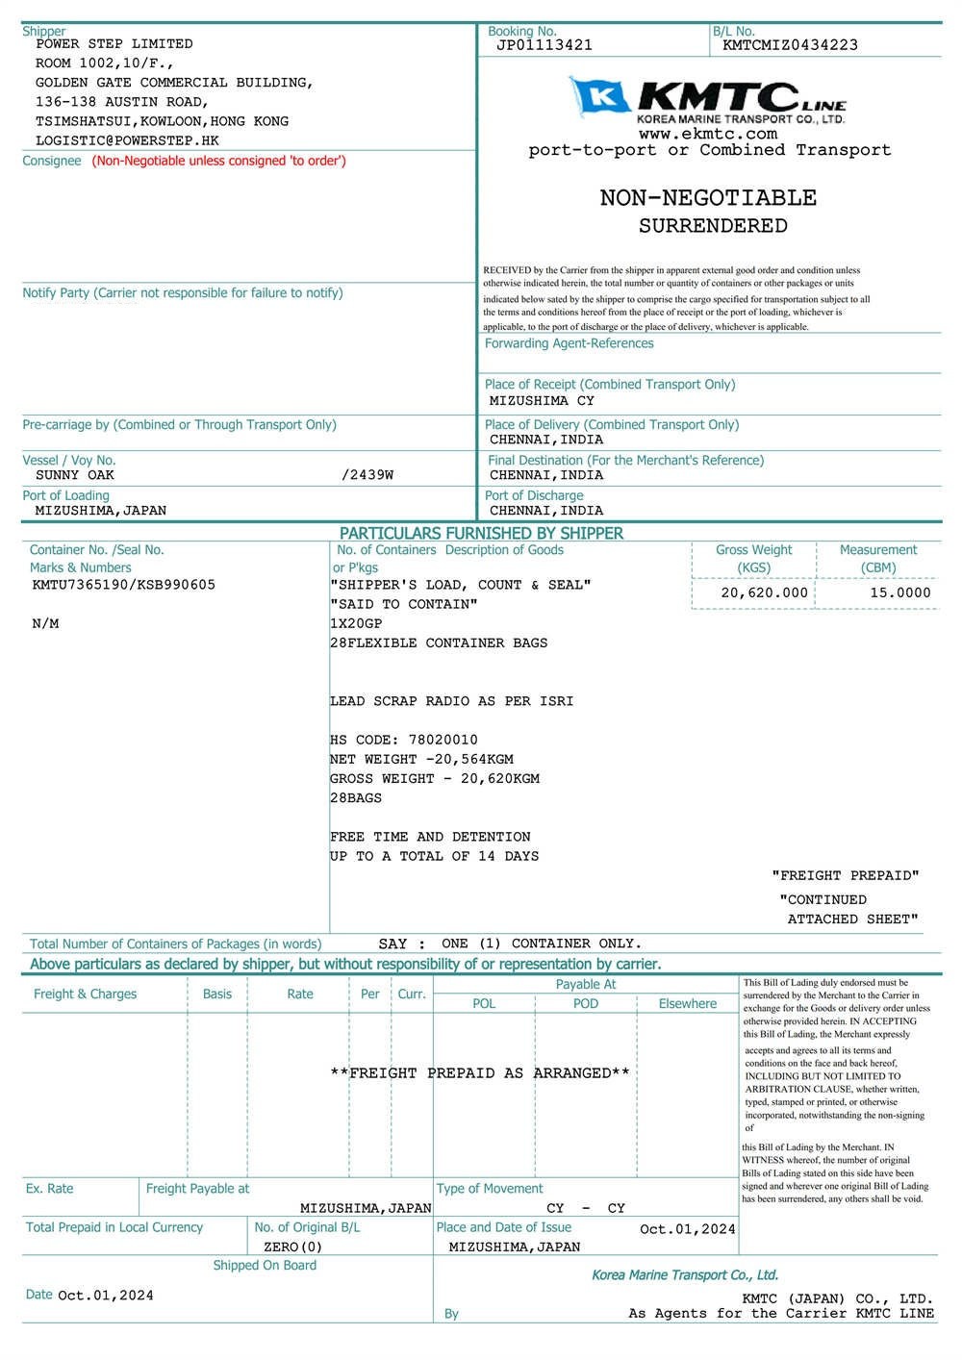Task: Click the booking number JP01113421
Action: pyautogui.click(x=544, y=45)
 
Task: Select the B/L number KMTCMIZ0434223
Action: pyautogui.click(x=790, y=45)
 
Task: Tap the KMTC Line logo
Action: pyautogui.click(x=708, y=100)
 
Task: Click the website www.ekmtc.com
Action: pyautogui.click(x=707, y=134)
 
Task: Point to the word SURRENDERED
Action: pyautogui.click(x=713, y=226)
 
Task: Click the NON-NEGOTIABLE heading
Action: pyautogui.click(x=708, y=198)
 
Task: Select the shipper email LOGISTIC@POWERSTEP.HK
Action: pyautogui.click(x=127, y=140)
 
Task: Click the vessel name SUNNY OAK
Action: pyautogui.click(x=75, y=475)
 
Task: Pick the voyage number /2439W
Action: pyautogui.click(x=367, y=475)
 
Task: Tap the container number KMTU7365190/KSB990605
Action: pyautogui.click(x=123, y=585)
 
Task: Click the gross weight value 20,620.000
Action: pyautogui.click(x=764, y=592)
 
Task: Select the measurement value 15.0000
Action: pyautogui.click(x=900, y=592)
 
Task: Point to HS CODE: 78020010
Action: pyautogui.click(x=403, y=740)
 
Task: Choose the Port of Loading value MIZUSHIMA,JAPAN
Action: pyautogui.click(x=100, y=511)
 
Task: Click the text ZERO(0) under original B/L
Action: pyautogui.click(x=292, y=1247)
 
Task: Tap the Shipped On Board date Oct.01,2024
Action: pyautogui.click(x=106, y=1296)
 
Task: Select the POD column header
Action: pyautogui.click(x=585, y=1003)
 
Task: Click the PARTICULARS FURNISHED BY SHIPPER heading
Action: pyautogui.click(x=481, y=533)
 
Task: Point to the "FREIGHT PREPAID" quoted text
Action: pyautogui.click(x=845, y=875)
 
